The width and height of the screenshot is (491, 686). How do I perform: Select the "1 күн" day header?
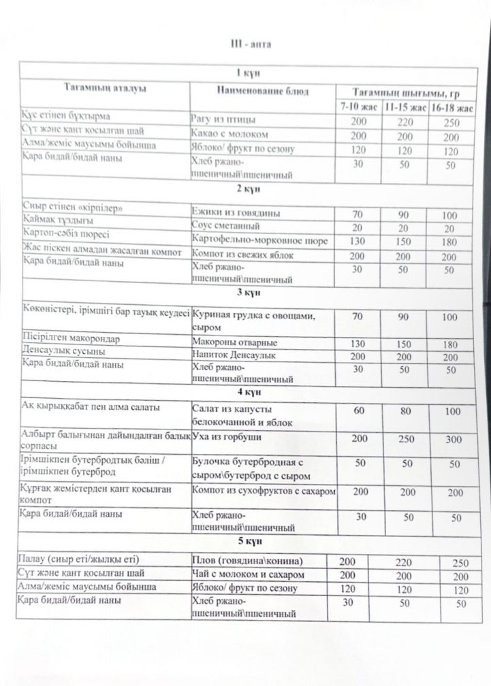pos(245,73)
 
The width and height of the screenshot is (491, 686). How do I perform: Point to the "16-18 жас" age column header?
pos(453,108)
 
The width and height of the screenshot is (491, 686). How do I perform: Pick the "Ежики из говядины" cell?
pos(236,214)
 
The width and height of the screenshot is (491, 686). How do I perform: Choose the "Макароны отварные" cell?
pos(234,342)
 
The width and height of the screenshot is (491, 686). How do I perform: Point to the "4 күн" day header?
pos(245,392)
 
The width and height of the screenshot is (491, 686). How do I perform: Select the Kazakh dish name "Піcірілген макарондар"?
pos(68,340)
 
